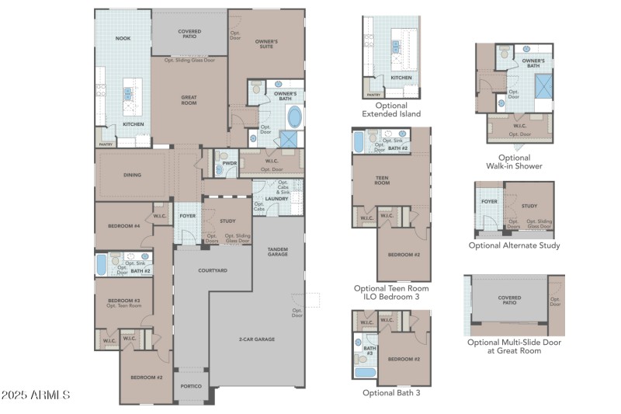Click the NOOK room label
pos(123,37)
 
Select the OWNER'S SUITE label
pos(266,43)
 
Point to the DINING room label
pos(132,175)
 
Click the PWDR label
pos(229,164)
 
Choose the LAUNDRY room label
pos(277,199)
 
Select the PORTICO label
pos(190,386)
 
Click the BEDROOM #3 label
pos(123,301)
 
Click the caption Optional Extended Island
pos(391,110)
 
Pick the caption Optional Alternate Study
pos(514,245)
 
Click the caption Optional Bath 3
pos(391,392)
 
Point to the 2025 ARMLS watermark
pos(36,395)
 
